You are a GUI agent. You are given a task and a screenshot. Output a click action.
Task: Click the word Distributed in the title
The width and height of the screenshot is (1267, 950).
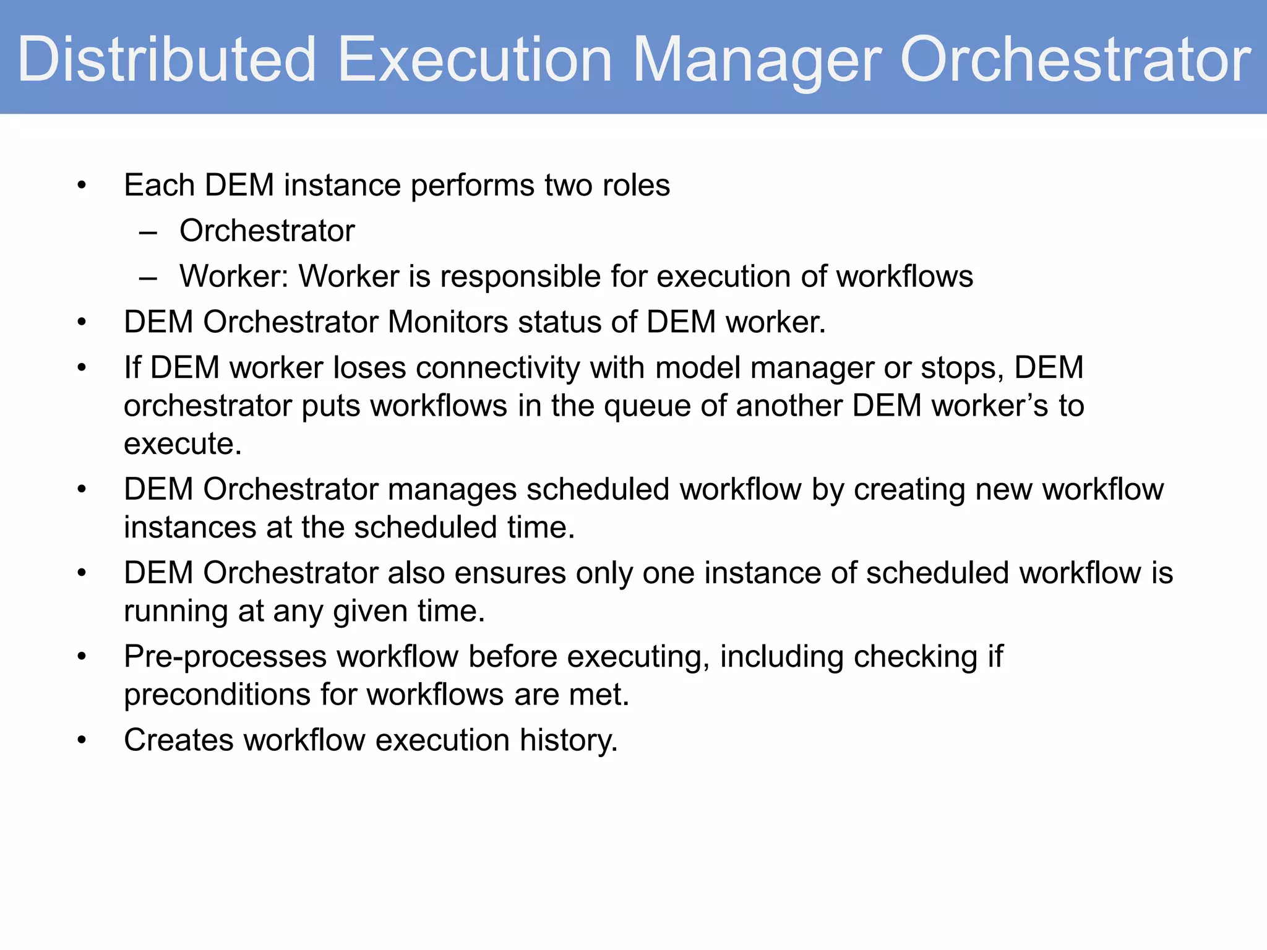[x=167, y=59]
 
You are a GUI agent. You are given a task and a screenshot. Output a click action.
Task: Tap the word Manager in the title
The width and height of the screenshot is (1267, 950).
[x=757, y=59]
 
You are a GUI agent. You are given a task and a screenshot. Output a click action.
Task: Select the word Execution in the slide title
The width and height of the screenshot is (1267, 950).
[x=475, y=59]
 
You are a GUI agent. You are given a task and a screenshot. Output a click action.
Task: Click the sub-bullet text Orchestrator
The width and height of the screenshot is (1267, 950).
[x=267, y=231]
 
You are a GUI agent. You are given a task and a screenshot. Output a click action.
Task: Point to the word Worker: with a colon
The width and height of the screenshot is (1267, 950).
[x=234, y=276]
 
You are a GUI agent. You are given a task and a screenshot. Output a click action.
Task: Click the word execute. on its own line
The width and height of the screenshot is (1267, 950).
[x=183, y=444]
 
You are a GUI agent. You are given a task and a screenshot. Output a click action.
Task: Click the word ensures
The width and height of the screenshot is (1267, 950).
[x=510, y=573]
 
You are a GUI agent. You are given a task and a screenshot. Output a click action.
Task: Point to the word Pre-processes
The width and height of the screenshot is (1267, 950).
[x=225, y=656]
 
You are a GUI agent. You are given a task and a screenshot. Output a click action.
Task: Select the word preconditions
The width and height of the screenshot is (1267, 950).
[x=217, y=695]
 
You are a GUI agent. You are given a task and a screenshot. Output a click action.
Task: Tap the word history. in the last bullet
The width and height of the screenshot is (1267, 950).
[x=568, y=740]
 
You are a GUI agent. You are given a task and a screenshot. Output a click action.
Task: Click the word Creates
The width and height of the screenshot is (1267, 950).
[x=178, y=740]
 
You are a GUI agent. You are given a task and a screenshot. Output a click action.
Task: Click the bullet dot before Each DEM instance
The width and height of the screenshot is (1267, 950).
[x=81, y=186]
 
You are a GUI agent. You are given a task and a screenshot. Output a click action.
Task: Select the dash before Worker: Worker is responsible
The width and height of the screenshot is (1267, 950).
[x=148, y=278]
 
